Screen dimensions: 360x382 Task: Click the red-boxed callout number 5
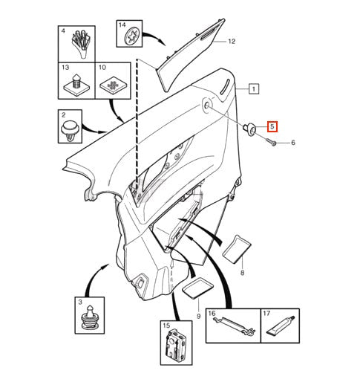(272, 126)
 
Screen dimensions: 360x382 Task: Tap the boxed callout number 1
(254, 88)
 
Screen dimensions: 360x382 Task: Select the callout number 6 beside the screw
(293, 143)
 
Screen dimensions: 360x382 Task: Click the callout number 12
(232, 41)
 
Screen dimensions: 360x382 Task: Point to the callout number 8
(242, 273)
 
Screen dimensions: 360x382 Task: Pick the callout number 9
(198, 316)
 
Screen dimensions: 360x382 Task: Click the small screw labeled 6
(272, 142)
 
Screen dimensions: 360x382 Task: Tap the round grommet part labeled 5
(249, 129)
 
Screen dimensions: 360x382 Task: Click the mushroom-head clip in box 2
(70, 131)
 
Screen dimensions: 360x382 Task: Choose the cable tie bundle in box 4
(81, 43)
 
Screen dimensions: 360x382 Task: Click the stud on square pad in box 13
(76, 85)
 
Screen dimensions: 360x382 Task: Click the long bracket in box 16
(234, 326)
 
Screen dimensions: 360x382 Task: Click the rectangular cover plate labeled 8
(237, 248)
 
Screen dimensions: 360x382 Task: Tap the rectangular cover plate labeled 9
(197, 288)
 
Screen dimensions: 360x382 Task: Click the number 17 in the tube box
(266, 314)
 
